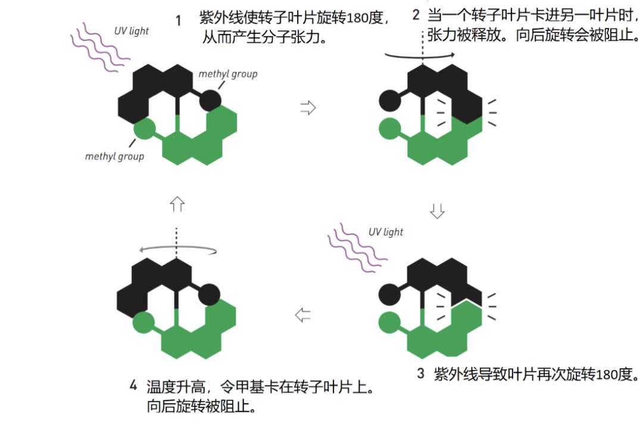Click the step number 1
(177, 21)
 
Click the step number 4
(133, 385)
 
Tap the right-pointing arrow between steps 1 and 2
(308, 108)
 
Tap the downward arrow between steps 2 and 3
(438, 211)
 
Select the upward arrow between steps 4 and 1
(177, 204)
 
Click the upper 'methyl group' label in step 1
(227, 74)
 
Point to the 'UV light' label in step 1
(131, 31)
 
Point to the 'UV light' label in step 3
(385, 232)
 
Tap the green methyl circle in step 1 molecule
(144, 128)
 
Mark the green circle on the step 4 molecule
(143, 323)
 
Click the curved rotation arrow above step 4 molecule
(176, 250)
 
